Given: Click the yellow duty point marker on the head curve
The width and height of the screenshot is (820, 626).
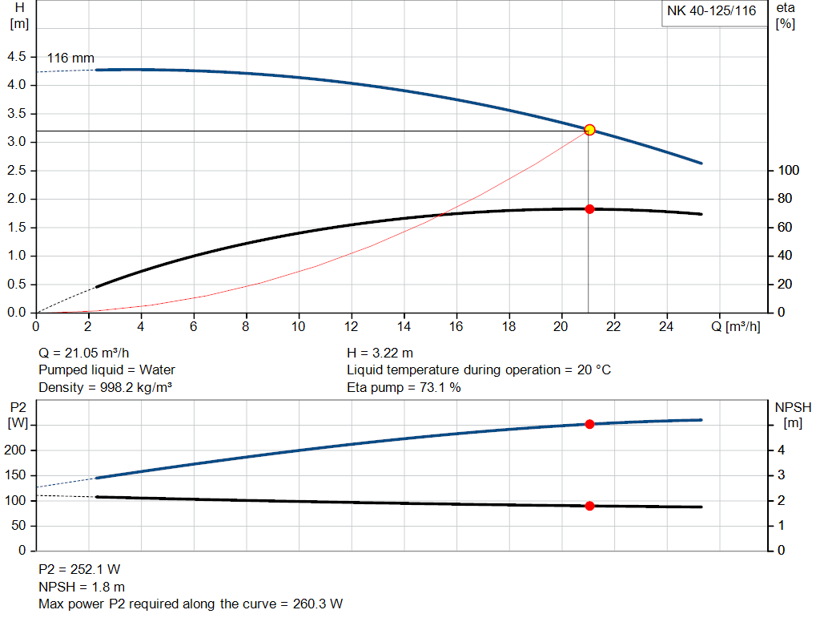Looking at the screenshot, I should coord(589,129).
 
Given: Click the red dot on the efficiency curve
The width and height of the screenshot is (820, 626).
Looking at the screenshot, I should coord(589,208).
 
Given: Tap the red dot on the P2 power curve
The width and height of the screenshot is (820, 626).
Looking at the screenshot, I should coord(589,424).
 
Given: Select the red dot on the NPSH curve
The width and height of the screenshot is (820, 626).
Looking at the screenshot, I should coord(589,506).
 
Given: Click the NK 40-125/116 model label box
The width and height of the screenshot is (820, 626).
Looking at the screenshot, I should coord(711,11).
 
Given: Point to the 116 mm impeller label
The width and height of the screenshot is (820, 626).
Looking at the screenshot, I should coord(70,58).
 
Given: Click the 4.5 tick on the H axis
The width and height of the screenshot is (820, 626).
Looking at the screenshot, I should coord(16,57).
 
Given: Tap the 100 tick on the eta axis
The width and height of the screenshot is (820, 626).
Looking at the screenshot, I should coord(789,171).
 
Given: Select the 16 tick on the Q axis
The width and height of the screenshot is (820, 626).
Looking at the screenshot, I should coord(456,326).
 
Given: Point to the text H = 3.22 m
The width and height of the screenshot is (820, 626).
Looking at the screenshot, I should coord(380,353).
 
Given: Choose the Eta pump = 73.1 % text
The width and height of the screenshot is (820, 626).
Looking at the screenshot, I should coord(404,388).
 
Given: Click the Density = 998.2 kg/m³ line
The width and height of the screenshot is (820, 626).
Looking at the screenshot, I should coord(106,388).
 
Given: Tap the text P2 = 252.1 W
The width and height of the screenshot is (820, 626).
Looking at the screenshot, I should coord(79,569).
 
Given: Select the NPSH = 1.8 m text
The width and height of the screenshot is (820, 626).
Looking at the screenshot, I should coord(82,587).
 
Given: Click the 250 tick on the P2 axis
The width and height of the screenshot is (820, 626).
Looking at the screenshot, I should coord(18,425).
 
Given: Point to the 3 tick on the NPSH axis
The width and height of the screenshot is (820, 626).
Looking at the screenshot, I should coord(781,475).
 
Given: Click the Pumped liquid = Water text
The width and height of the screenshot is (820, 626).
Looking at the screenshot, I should coord(107,370).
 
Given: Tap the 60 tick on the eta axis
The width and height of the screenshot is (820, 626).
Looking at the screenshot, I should coord(786,228).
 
